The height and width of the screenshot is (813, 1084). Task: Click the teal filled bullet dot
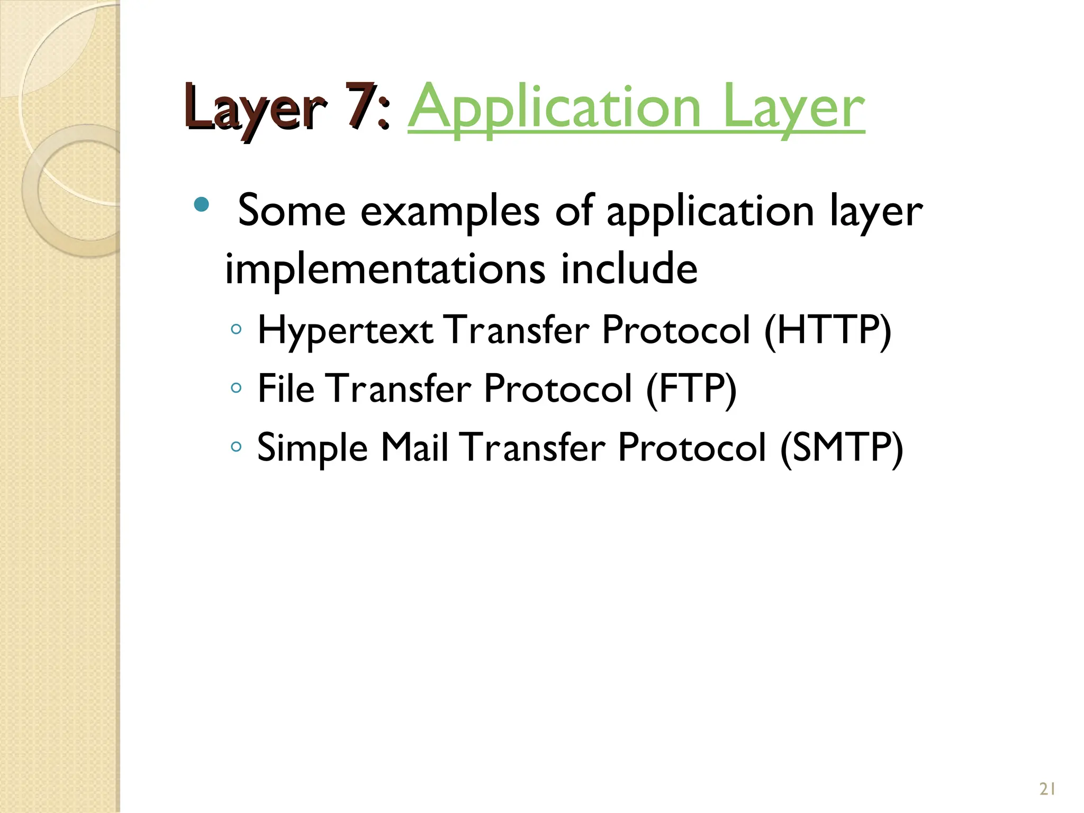pos(201,204)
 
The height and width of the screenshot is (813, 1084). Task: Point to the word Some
pos(292,211)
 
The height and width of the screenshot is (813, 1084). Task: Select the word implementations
pos(385,269)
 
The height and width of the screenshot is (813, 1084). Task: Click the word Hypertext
pos(345,331)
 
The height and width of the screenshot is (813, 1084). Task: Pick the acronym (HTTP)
pos(828,330)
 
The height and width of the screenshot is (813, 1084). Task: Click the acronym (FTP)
pos(691,389)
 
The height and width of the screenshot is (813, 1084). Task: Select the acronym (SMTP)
pos(842,448)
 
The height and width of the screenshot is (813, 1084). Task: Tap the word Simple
pos(312,449)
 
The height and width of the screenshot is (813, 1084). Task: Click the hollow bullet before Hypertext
pos(236,330)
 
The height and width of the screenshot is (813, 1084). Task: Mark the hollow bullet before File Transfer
pos(236,389)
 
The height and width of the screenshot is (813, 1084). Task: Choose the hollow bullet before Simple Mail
pos(236,447)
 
